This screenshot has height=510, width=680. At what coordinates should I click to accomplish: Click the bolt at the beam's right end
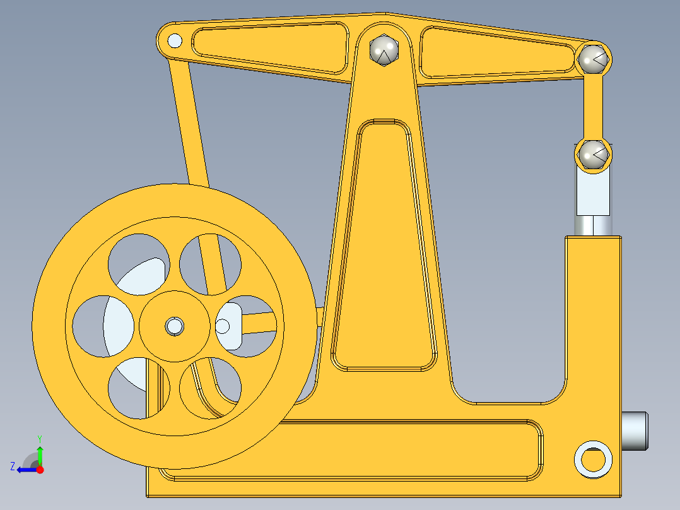point(593,59)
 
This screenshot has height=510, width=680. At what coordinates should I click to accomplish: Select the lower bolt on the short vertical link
point(593,154)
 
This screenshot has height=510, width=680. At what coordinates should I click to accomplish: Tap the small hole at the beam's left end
point(175,42)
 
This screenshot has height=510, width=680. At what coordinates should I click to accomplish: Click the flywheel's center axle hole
point(174,326)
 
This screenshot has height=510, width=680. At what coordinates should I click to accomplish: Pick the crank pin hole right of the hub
point(223,326)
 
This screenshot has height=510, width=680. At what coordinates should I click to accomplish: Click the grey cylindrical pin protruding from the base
point(635,430)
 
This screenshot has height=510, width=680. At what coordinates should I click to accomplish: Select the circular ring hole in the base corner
point(593,460)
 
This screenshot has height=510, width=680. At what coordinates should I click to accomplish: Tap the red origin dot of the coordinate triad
point(40,470)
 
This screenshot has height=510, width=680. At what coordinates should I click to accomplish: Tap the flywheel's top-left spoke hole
point(138,263)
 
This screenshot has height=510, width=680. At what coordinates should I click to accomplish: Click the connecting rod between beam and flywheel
point(189,126)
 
